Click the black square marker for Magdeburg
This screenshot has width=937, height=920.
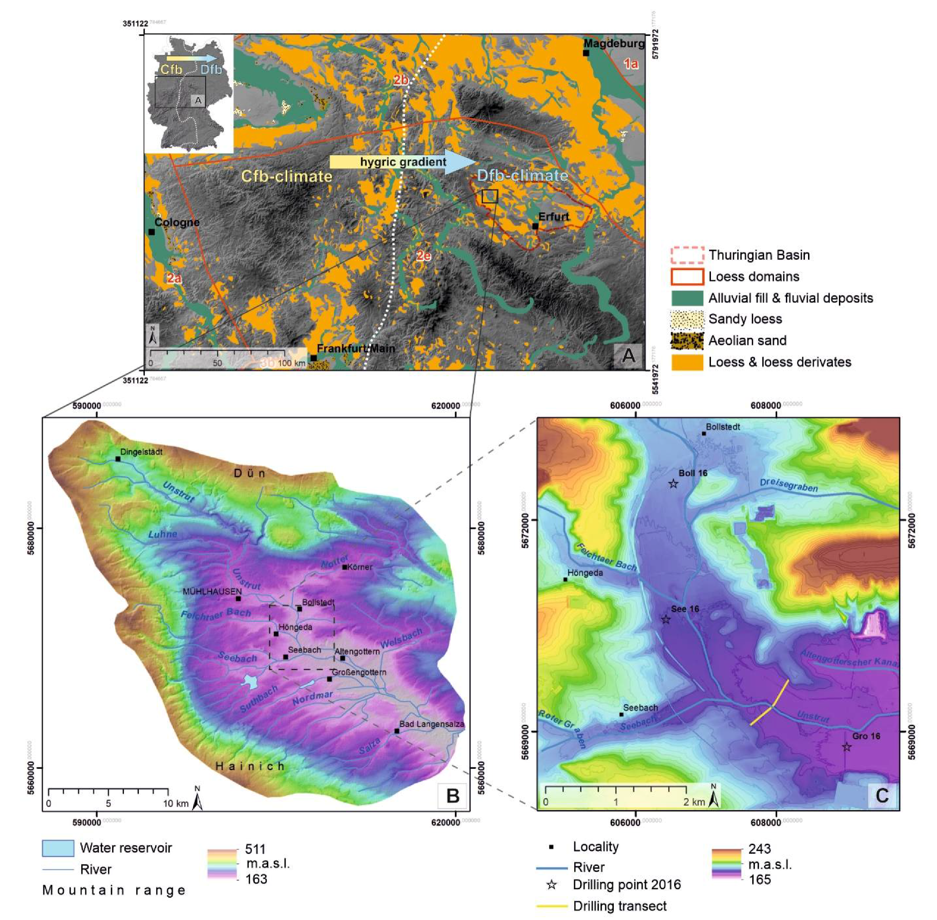(586, 53)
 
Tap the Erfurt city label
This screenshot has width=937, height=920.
(554, 216)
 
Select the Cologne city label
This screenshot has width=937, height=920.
(177, 223)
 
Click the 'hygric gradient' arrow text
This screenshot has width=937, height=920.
(403, 162)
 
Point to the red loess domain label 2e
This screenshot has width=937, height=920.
(424, 255)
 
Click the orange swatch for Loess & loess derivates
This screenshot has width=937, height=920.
(687, 362)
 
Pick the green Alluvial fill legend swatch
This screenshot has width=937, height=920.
(687, 298)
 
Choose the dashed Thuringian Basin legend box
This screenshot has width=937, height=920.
(687, 255)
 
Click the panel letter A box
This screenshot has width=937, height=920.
(628, 356)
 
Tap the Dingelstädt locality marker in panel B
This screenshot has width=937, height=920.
(118, 458)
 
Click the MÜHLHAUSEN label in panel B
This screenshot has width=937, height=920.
(212, 591)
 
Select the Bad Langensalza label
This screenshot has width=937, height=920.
(432, 724)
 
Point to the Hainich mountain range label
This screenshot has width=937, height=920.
(250, 766)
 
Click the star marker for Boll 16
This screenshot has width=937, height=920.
(673, 484)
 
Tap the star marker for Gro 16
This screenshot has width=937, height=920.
(847, 747)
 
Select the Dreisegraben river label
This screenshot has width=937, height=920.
(789, 485)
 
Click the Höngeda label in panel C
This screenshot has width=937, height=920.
(585, 573)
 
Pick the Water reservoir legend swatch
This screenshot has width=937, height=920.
(58, 848)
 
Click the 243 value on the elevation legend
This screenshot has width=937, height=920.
(759, 848)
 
